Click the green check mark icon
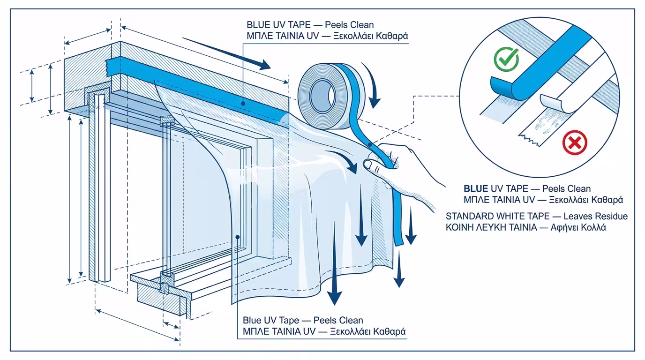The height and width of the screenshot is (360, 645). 506,60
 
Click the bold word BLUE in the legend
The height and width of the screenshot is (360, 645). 476,189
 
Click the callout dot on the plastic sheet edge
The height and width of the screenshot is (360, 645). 238,237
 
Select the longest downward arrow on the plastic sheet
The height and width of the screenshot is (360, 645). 334,262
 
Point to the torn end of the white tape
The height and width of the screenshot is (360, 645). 528,138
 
